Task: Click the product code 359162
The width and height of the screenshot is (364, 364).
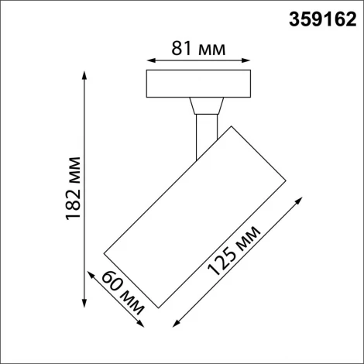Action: [318, 18]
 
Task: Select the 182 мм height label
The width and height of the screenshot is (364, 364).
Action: [74, 190]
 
